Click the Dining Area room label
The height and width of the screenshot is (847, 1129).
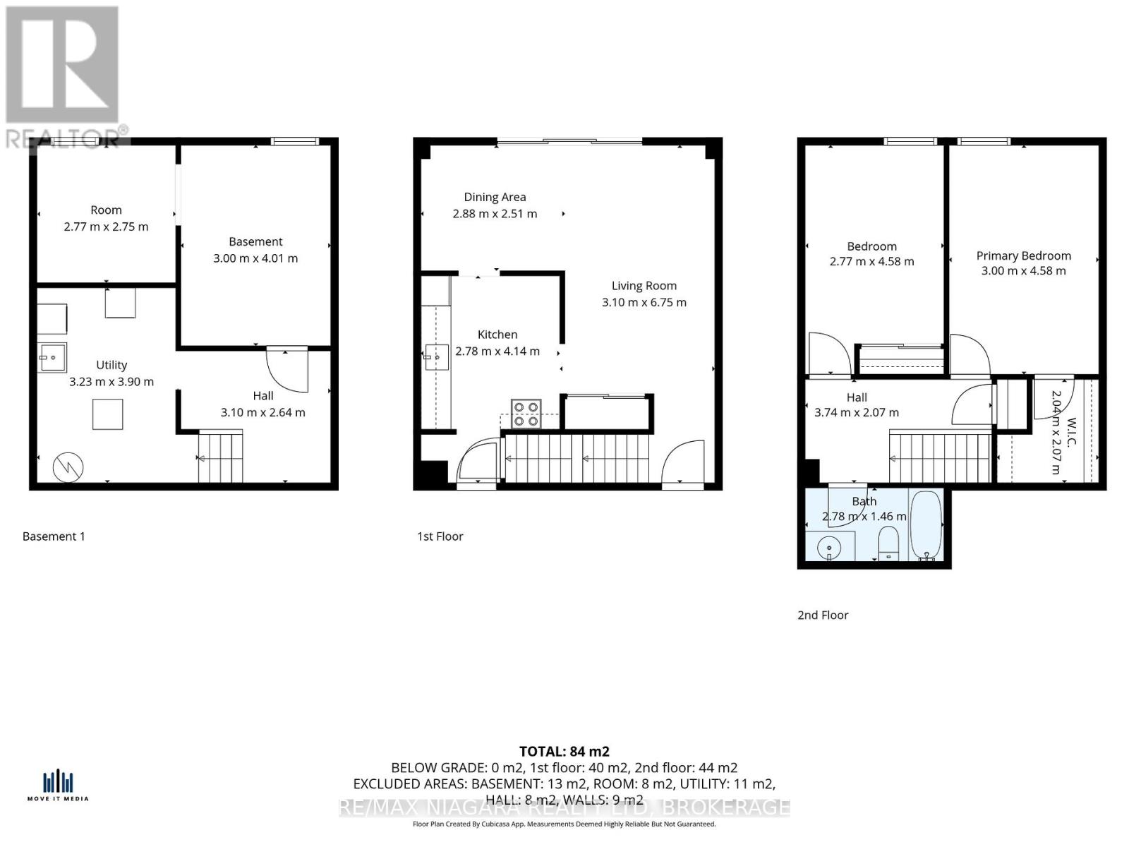(x=495, y=197)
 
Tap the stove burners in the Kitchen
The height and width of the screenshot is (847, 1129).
(x=526, y=414)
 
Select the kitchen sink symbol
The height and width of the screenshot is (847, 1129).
(x=437, y=357)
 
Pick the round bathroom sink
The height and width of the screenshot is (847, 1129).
(x=830, y=547)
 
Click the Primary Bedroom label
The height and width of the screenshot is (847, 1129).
(x=1023, y=256)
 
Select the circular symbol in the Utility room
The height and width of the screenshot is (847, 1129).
(x=68, y=466)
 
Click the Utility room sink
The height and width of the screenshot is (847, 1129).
(x=52, y=357)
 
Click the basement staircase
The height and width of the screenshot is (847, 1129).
(x=220, y=457)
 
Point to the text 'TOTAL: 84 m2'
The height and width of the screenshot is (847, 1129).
(x=564, y=752)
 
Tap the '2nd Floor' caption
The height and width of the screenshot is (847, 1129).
(x=823, y=615)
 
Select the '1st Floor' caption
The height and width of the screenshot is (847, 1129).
(x=440, y=536)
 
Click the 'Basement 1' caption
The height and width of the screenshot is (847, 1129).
(x=54, y=536)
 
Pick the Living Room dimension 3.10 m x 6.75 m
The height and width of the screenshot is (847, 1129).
(x=644, y=302)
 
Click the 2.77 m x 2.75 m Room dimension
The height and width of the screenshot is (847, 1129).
(x=106, y=227)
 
